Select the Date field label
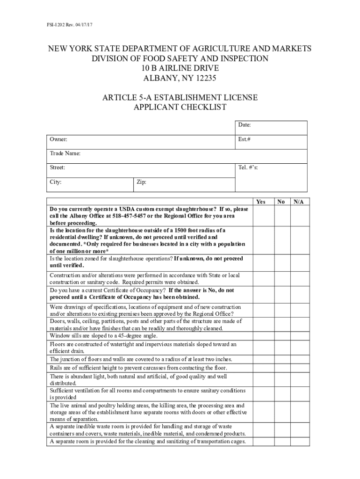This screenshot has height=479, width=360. (x=245, y=125)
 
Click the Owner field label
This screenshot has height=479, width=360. (x=58, y=139)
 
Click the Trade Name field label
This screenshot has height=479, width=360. (x=65, y=153)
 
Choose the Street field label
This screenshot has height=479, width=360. (x=58, y=167)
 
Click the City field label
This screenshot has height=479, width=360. (x=56, y=182)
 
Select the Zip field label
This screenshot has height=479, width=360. (x=141, y=182)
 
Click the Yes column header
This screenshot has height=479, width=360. (x=261, y=202)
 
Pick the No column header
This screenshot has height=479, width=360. (x=281, y=202)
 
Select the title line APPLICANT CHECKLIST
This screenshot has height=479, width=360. (x=180, y=107)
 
